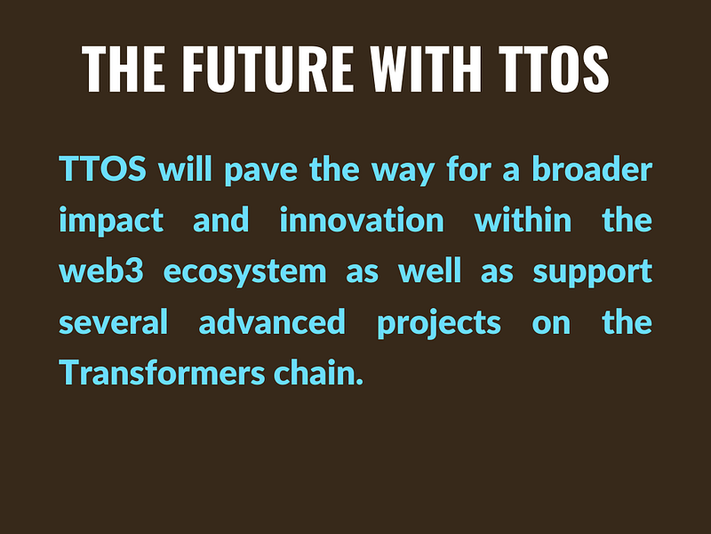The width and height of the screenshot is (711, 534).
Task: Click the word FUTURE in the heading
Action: [x=268, y=69]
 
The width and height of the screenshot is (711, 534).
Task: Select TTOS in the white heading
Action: [x=554, y=69]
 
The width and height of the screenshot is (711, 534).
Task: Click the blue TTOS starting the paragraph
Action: [x=102, y=168]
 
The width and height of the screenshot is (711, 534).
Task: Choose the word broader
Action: [x=592, y=168]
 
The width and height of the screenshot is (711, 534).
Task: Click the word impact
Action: [x=111, y=221]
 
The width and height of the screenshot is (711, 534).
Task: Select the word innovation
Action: [x=362, y=220]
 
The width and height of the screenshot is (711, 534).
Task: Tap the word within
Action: [x=523, y=220]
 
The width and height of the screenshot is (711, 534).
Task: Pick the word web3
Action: [x=101, y=271]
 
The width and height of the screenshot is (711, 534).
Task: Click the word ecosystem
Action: [x=245, y=272]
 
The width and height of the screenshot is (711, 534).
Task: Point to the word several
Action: [x=114, y=322]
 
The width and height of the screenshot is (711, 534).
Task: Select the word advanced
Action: [x=272, y=322]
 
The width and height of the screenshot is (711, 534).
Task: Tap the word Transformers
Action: [x=162, y=372]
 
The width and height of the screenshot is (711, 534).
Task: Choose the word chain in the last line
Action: [x=318, y=372]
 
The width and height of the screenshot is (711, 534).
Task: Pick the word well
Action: [x=430, y=271]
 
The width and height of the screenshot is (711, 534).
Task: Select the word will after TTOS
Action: [x=185, y=168]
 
